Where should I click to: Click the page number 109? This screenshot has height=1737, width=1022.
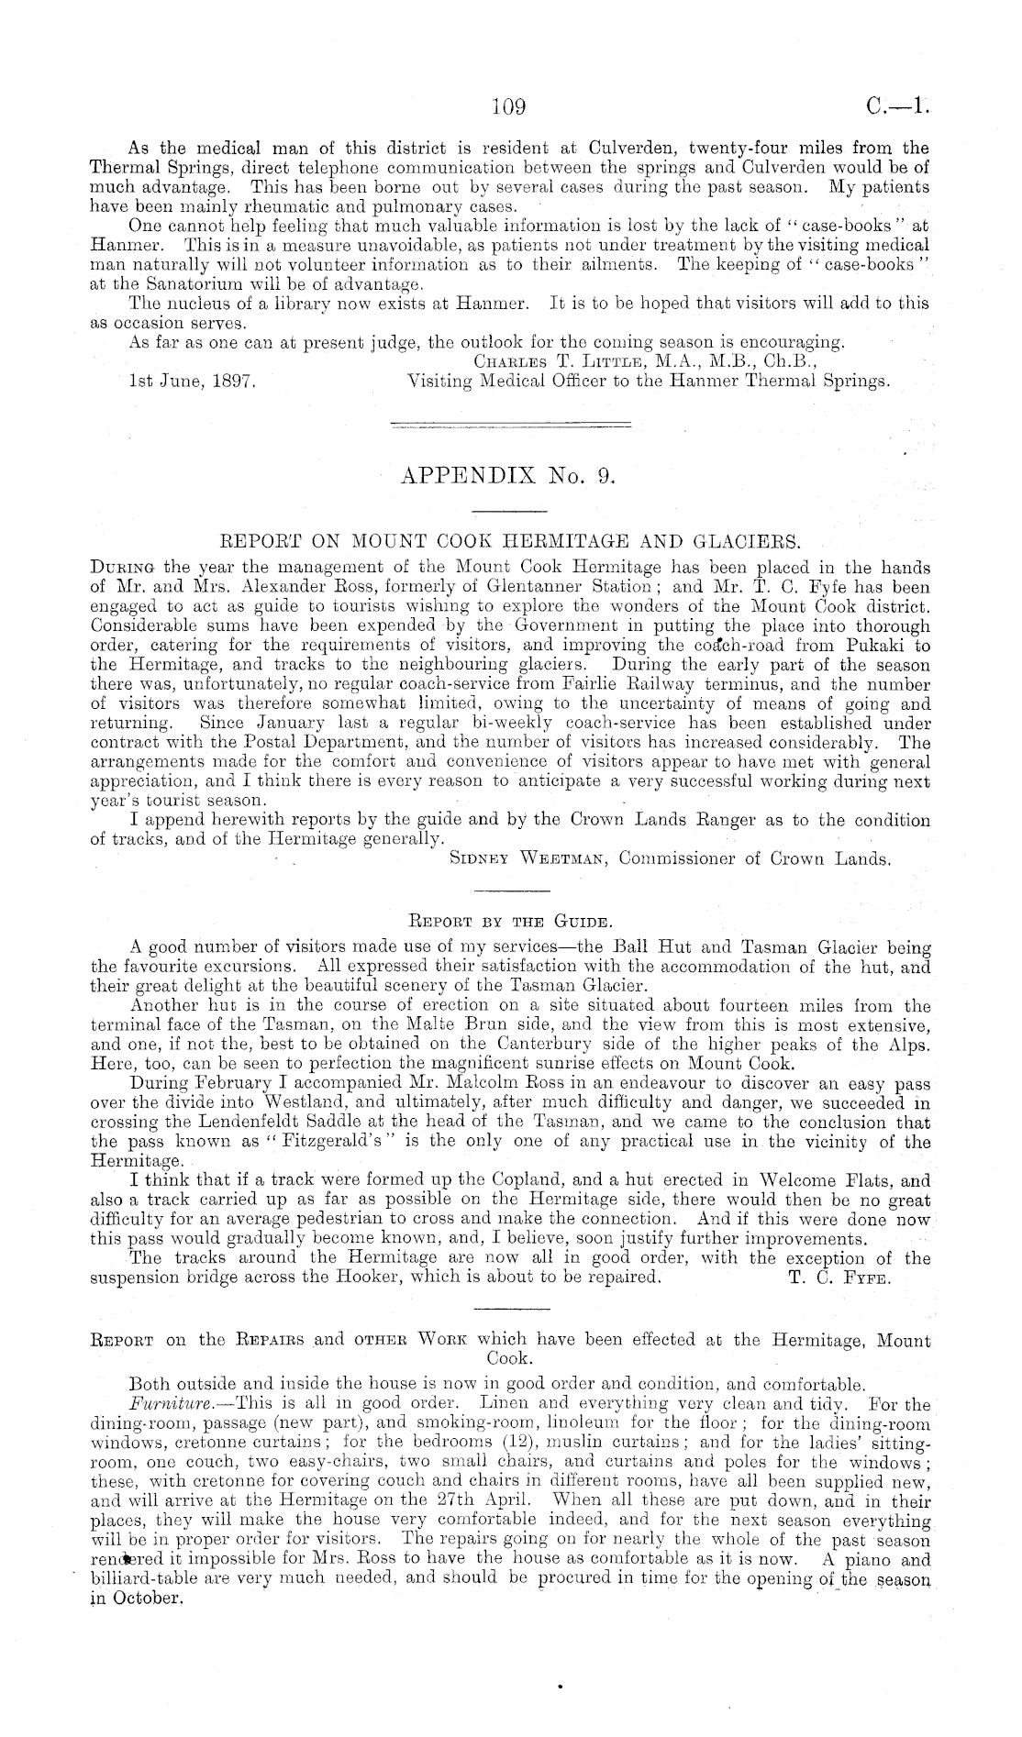point(507,107)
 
